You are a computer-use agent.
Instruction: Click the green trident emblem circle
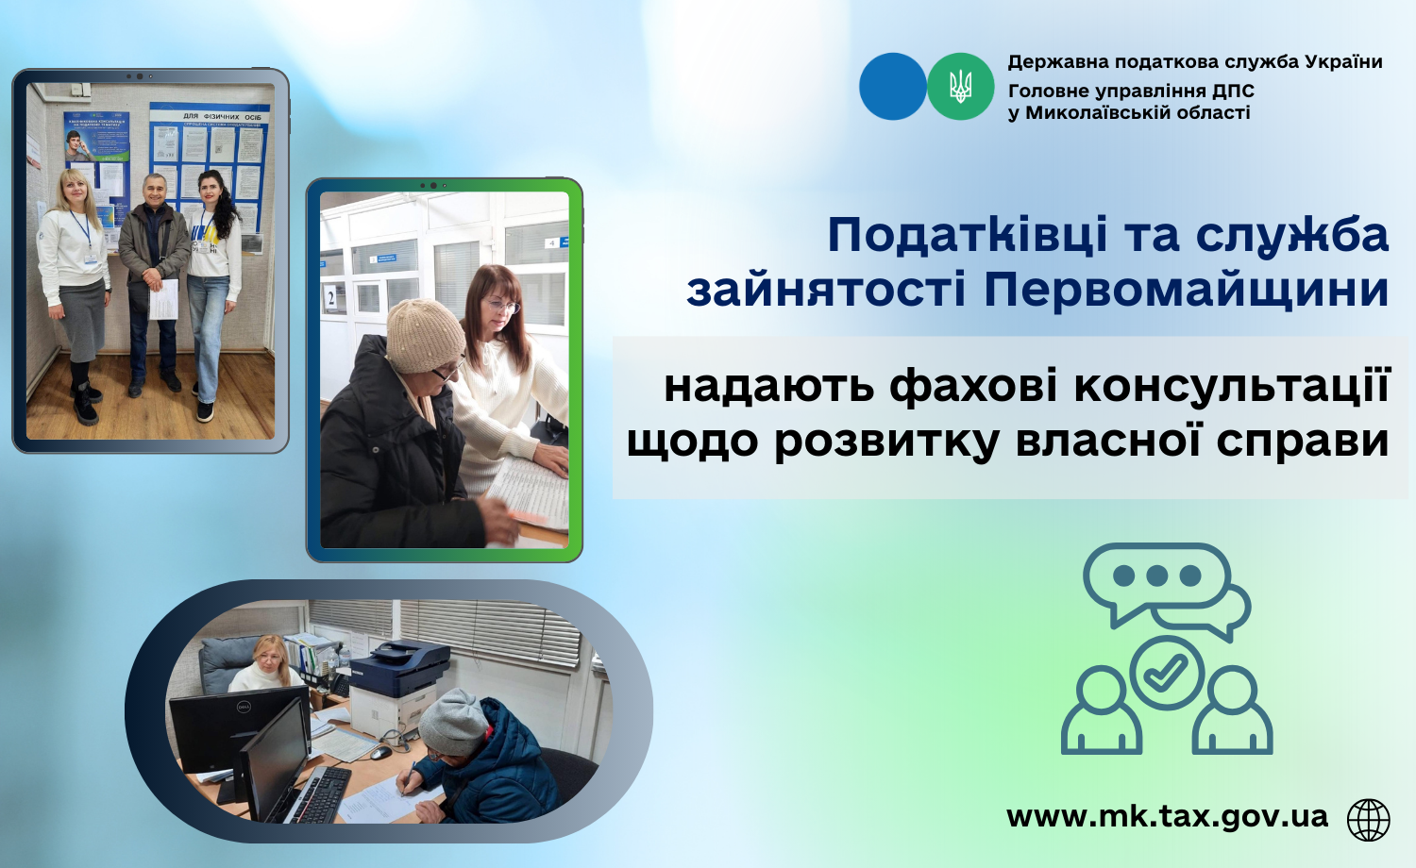pos(960,87)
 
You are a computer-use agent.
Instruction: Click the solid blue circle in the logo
pos(893,87)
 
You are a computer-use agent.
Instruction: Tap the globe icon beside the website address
pos(1369,820)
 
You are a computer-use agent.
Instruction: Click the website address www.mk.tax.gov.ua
pos(1167,817)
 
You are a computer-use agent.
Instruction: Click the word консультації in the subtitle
pos(1231,387)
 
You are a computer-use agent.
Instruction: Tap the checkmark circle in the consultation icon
pos(1167,674)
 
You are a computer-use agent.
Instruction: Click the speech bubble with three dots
pos(1156,581)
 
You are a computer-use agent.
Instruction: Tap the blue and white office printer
pos(399,685)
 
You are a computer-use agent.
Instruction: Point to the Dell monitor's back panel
pos(239,727)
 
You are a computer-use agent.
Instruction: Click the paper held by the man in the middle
pos(163,299)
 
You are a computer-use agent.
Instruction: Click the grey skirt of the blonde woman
pos(81,320)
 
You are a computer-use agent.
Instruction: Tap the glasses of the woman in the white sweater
pos(502,307)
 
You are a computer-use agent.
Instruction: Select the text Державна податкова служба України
pos(1195,62)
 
